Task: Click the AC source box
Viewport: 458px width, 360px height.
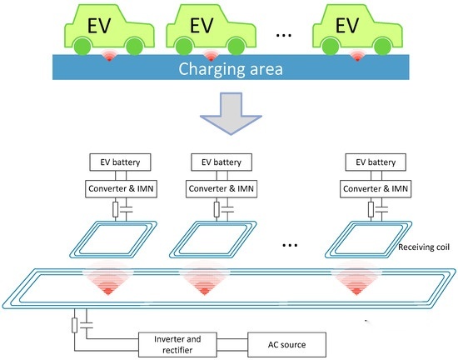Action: click(x=286, y=344)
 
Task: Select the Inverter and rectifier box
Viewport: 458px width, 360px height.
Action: click(x=177, y=344)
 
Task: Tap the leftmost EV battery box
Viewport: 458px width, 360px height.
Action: click(x=120, y=162)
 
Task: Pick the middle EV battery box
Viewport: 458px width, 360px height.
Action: click(x=222, y=162)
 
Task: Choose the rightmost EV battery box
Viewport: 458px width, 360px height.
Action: click(x=376, y=162)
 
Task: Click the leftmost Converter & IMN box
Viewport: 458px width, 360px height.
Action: click(x=121, y=189)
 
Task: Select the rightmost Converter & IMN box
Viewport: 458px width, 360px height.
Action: click(x=376, y=189)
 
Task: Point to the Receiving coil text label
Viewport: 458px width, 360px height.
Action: click(x=424, y=247)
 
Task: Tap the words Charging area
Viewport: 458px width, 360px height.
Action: click(x=231, y=69)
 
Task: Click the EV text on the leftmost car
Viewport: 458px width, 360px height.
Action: click(x=99, y=26)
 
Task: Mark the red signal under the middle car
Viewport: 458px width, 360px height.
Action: click(x=211, y=56)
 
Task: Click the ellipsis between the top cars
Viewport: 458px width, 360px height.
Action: click(x=284, y=35)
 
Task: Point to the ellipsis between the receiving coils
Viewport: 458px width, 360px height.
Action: click(x=290, y=246)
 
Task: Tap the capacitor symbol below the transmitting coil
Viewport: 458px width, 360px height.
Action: click(x=87, y=325)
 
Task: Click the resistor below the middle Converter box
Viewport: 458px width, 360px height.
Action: click(x=217, y=209)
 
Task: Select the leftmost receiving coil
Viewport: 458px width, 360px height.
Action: click(x=113, y=239)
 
